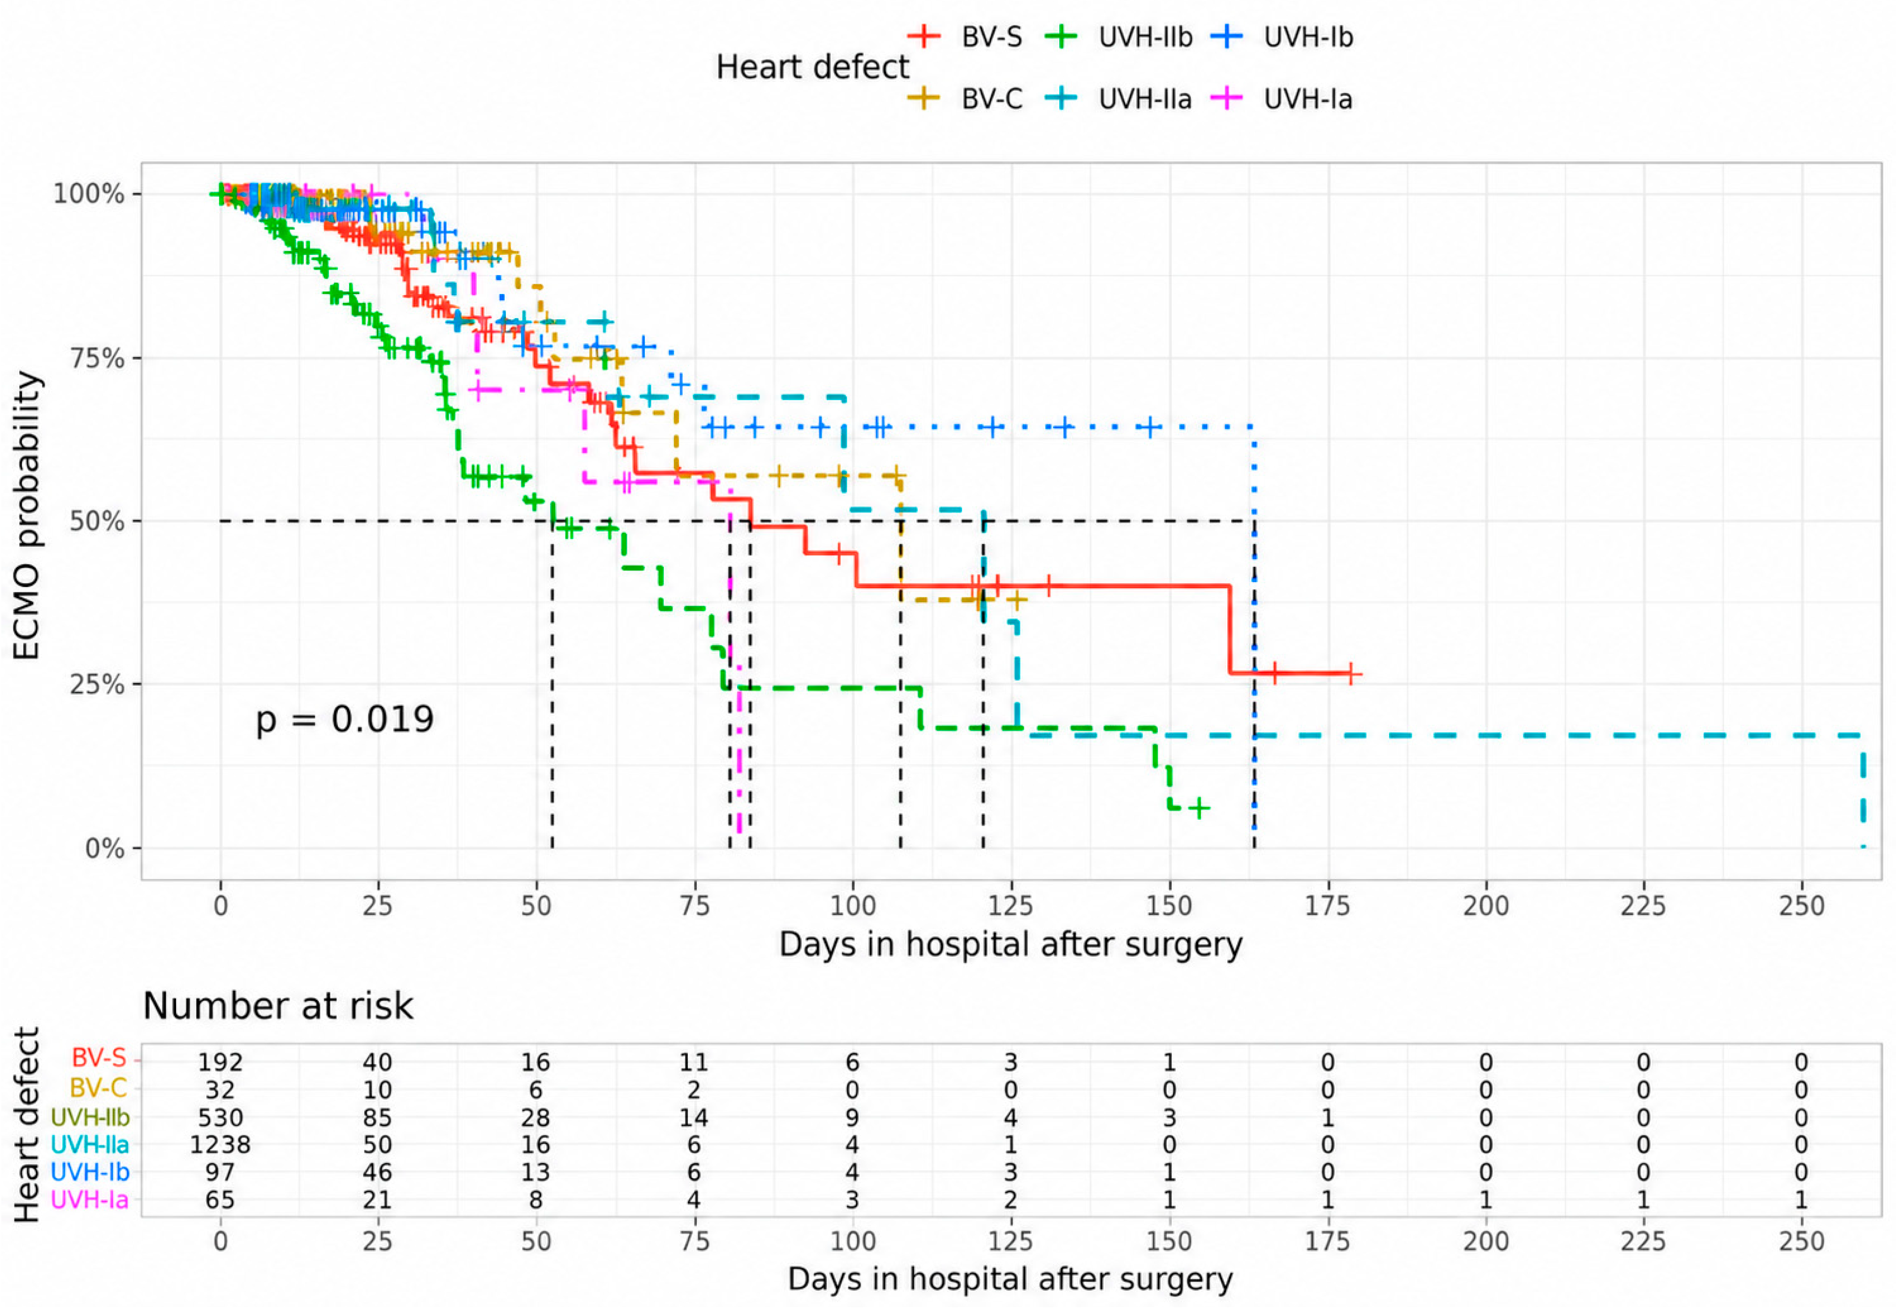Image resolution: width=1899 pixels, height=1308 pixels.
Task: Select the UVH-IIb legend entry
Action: coord(1119,37)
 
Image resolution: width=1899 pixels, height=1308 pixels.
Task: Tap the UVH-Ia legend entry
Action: coord(1281,99)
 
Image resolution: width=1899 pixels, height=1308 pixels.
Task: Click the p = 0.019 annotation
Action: coord(344,719)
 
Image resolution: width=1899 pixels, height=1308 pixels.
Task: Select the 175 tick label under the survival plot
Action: coord(1327,906)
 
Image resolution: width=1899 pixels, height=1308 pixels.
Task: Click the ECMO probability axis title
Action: coord(27,515)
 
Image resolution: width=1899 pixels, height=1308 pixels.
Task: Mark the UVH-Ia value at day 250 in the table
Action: coord(1801,1200)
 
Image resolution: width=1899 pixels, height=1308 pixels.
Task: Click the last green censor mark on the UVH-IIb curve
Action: coord(1198,809)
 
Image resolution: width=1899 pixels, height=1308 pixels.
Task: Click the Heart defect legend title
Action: coord(812,67)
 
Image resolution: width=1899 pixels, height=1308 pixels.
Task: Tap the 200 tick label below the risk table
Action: coord(1485,1241)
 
